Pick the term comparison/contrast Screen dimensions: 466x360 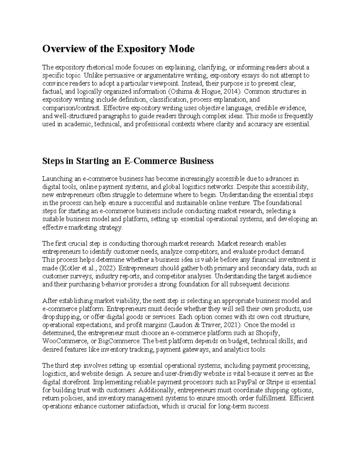pyautogui.click(x=70, y=108)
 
